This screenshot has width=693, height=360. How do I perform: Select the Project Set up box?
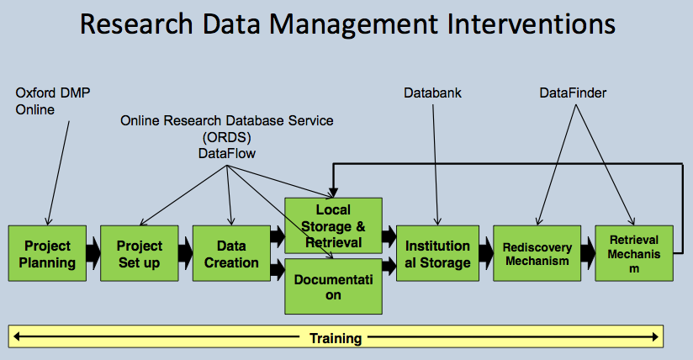[139, 253]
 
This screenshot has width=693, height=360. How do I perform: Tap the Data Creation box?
[231, 253]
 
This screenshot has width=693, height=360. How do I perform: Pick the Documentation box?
[333, 286]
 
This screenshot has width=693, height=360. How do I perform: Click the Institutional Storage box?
[437, 253]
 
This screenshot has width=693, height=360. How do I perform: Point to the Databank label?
[432, 93]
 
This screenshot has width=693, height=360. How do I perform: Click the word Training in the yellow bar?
[336, 338]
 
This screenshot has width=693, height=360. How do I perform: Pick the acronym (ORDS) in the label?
[226, 136]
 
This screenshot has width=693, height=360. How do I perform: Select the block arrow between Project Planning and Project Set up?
[92, 251]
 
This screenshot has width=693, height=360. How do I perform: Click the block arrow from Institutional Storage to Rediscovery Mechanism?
[485, 251]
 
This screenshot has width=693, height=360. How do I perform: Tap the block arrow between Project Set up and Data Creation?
[184, 251]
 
